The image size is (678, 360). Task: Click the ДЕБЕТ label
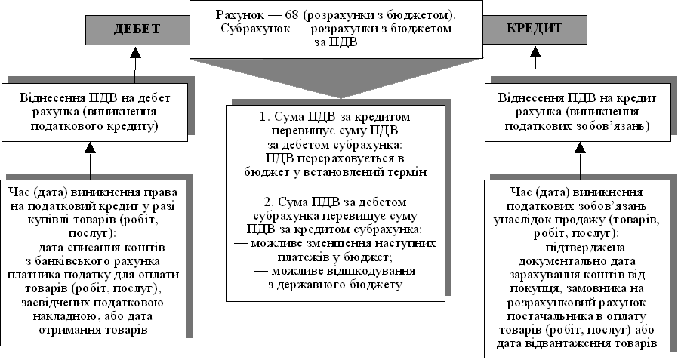point(137,29)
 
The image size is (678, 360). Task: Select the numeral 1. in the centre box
point(263,118)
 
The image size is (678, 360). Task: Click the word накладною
point(93,317)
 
